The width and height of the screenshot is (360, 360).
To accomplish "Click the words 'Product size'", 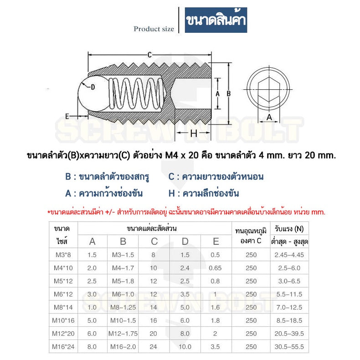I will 154,29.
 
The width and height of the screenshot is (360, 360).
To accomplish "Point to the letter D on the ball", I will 93,87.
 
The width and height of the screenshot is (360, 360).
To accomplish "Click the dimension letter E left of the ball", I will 67,116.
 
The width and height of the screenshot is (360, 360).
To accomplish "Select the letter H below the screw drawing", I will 193,133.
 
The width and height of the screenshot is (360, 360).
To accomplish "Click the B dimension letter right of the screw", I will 229,93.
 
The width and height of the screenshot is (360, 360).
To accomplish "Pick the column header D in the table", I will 185,242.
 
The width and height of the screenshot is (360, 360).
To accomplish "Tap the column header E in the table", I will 216,242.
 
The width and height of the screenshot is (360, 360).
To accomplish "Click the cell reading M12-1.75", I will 123,334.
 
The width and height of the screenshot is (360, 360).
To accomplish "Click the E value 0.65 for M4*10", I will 215,268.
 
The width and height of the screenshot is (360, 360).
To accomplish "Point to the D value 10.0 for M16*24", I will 185,346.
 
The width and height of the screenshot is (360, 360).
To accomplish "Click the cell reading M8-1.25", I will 123,307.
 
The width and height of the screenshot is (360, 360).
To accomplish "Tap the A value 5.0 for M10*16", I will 92,320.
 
